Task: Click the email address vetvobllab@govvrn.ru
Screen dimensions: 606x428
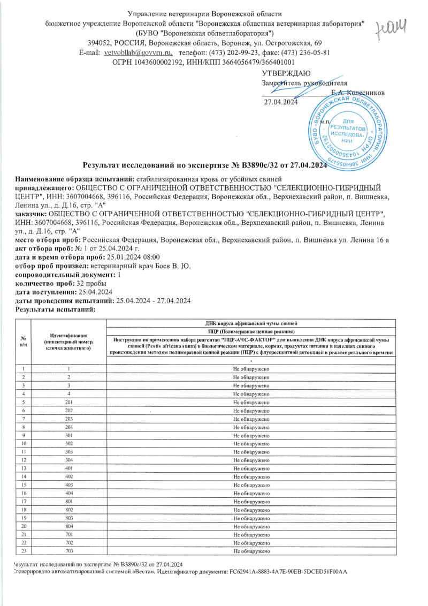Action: [138, 52]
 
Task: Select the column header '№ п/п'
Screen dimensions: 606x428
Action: [24, 341]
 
